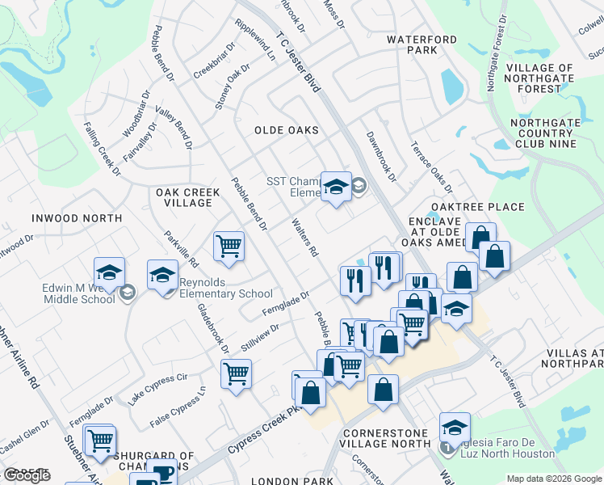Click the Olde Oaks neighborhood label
coord(286,130)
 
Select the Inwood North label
coord(77,218)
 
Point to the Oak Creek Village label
coord(183,197)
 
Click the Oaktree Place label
coord(477,207)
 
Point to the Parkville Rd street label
coord(182,250)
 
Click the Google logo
coord(27,475)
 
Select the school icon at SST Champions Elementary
coord(336,187)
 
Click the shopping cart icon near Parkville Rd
coord(229,246)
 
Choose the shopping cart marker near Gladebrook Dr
coord(236,373)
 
